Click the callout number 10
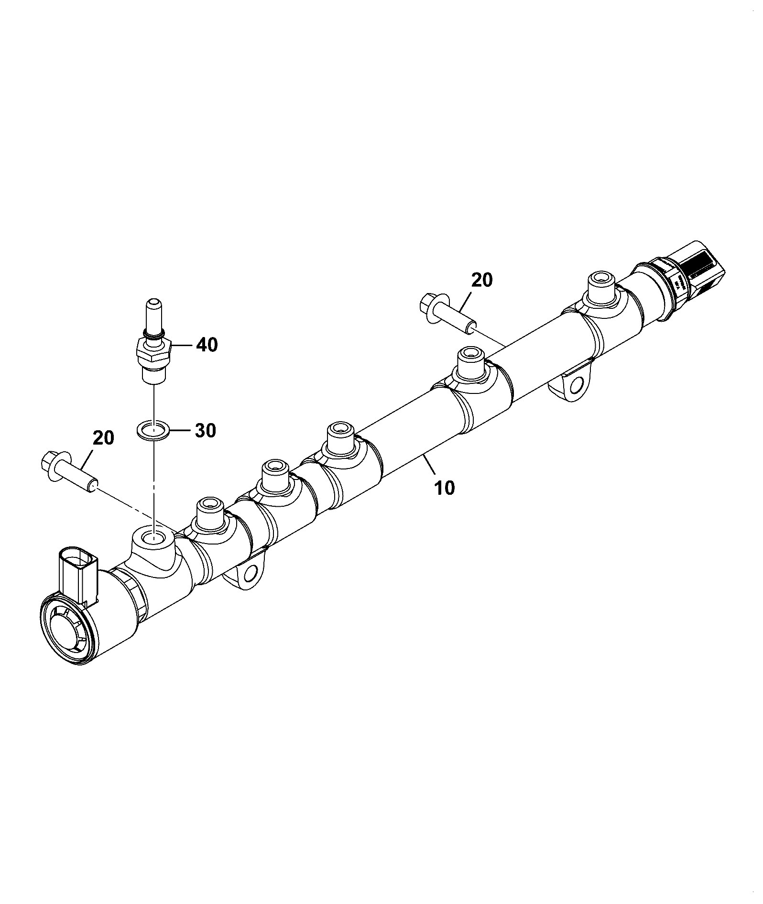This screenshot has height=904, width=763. pos(445,488)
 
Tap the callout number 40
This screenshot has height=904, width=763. pos(207,344)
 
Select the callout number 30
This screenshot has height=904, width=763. pos(205,430)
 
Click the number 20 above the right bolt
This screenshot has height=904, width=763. pos(481,280)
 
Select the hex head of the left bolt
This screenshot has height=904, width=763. pos(49,461)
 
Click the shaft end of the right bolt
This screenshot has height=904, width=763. pos(471,325)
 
